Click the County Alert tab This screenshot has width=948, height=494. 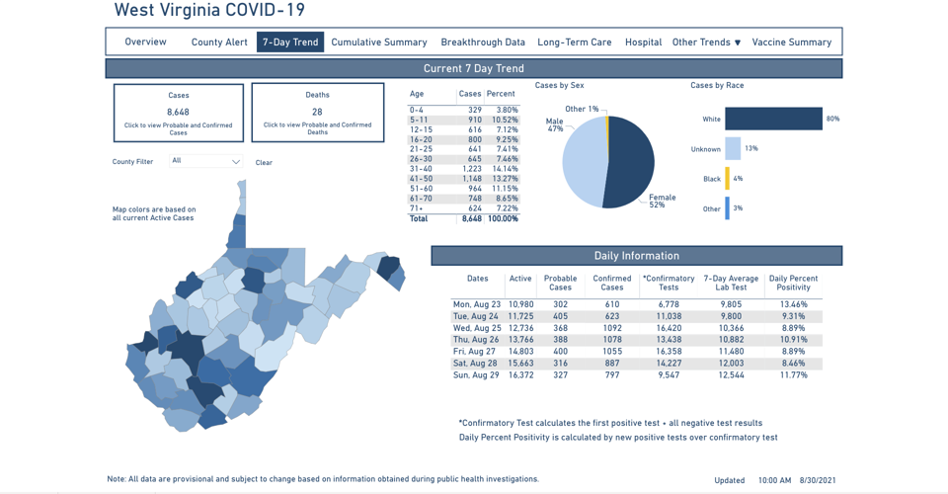point(219,42)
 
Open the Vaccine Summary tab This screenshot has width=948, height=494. point(791,42)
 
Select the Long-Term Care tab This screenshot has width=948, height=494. point(574,42)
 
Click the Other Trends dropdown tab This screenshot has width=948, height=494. point(705,42)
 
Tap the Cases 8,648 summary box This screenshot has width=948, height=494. point(178,113)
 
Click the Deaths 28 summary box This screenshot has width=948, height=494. point(317,113)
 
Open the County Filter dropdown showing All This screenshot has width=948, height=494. point(205,161)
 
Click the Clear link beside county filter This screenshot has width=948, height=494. point(264,163)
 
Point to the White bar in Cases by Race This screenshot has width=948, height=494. point(773,119)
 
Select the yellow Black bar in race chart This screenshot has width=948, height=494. point(728,179)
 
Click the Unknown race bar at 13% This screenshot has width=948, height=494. point(733,149)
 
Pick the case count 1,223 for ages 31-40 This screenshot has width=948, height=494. point(471,169)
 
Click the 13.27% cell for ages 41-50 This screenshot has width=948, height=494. point(504,179)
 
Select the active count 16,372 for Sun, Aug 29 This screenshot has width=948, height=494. point(520,375)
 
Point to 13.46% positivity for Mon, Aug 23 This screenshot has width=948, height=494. point(793,304)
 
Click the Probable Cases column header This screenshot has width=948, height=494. point(560,283)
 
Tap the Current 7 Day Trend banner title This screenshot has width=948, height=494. point(474,69)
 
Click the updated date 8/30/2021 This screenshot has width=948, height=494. point(819,480)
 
